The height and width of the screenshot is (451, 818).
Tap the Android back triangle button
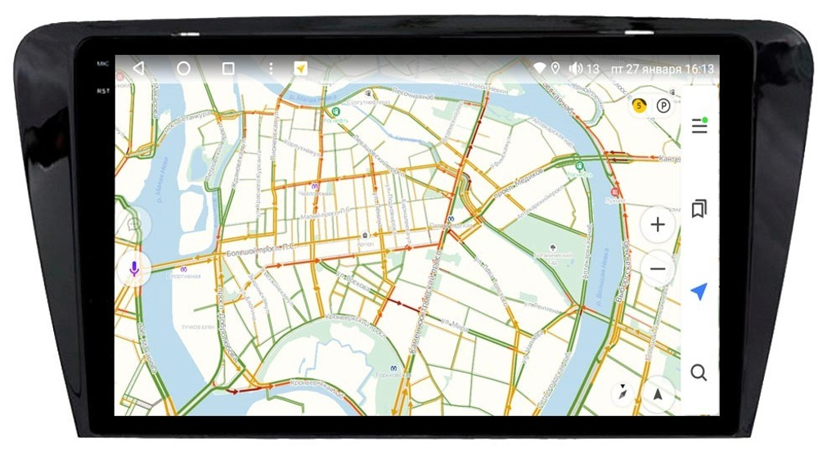coord(138,68)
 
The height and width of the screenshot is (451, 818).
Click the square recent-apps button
coord(229,69)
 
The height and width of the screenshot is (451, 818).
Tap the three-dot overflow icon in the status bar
coord(271,69)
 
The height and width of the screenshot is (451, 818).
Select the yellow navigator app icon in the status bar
coord(301,69)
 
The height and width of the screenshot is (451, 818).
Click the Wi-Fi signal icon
coord(540,69)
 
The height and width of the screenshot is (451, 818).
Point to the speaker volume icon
coord(576,69)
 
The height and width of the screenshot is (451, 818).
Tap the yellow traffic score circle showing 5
coord(639,106)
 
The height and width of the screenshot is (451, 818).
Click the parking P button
coord(663,106)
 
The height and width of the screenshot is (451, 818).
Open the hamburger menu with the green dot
coord(699,126)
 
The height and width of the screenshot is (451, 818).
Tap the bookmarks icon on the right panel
coord(699,209)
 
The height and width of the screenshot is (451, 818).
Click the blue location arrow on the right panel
coord(699,291)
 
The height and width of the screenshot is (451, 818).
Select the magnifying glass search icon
coord(699,373)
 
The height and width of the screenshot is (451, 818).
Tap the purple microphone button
coord(134,268)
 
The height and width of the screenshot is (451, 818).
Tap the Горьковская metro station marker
coord(393,370)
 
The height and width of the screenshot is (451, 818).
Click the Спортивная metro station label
coord(184,276)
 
